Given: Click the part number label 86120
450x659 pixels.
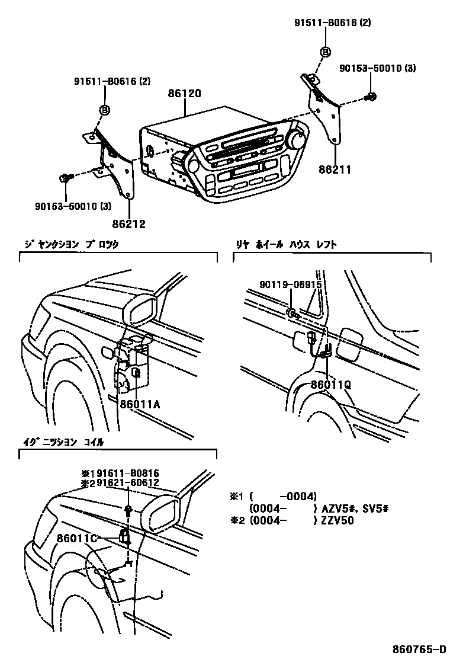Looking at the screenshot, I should click(185, 94).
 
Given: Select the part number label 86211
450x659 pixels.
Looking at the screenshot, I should click(336, 169).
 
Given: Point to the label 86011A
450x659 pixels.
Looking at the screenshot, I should click(140, 405).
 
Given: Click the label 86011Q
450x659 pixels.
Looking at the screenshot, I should click(331, 384).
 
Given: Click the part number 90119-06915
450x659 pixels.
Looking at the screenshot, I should click(290, 284).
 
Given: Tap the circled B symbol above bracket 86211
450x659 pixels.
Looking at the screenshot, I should click(325, 52).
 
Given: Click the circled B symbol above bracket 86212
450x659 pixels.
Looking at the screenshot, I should click(104, 110).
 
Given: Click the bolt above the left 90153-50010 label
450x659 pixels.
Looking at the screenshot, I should click(65, 177).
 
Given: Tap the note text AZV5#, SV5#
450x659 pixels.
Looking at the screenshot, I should click(354, 508).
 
